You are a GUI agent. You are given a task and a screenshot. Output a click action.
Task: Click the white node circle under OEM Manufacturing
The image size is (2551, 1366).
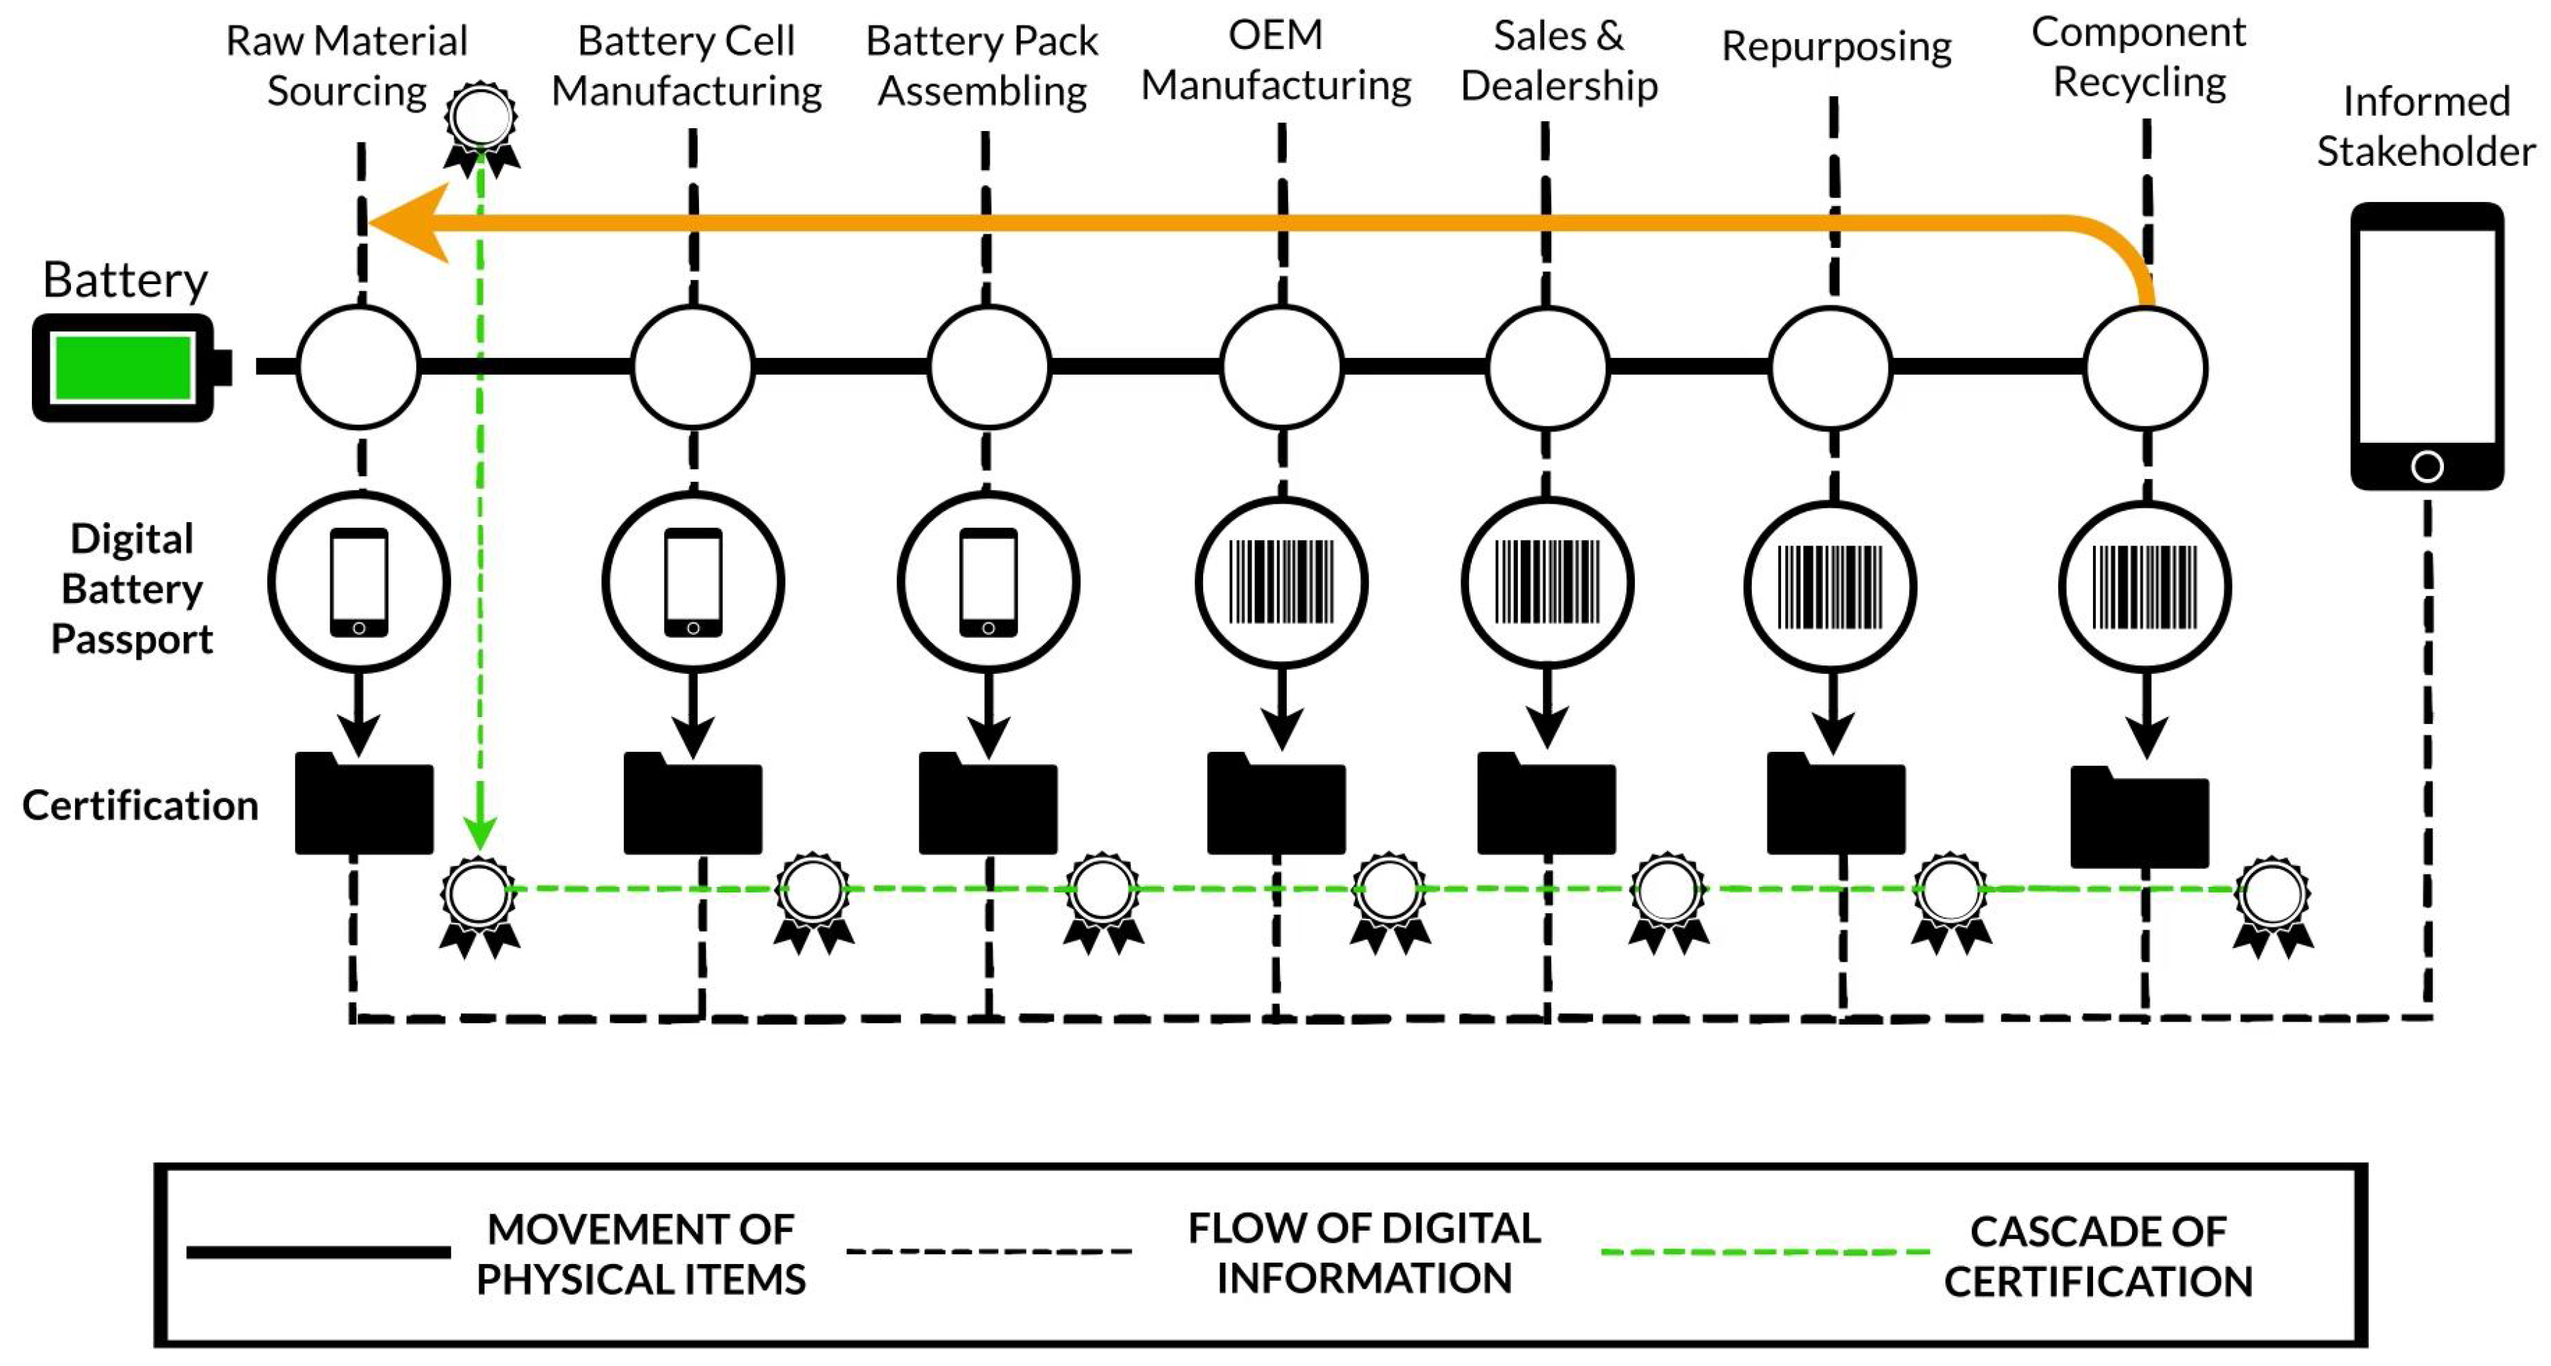click(1281, 367)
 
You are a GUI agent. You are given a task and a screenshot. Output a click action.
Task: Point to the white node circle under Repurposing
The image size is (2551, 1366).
click(1830, 367)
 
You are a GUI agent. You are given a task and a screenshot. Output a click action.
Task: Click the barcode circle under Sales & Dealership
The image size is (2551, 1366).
click(1547, 583)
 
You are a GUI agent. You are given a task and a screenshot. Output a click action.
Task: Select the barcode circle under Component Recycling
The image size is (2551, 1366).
click(2144, 587)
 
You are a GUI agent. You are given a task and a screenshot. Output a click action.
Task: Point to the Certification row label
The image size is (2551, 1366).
click(140, 805)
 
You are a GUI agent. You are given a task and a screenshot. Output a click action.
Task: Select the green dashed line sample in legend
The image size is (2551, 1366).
click(1764, 1252)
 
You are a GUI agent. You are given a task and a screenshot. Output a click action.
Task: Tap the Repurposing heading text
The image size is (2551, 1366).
click(1836, 47)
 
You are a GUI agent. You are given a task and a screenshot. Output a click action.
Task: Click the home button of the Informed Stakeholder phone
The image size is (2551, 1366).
click(2426, 465)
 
